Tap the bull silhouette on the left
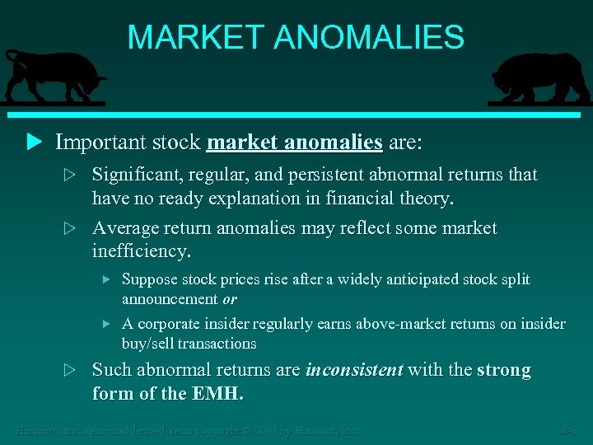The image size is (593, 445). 54,76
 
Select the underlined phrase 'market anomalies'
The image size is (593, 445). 294,143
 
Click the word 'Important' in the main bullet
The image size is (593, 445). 104,143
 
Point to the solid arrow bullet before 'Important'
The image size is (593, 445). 33,143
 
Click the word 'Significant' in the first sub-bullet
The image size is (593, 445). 133,175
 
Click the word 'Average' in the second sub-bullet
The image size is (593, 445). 122,227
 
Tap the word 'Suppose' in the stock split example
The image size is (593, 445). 147,279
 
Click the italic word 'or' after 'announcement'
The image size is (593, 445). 230,297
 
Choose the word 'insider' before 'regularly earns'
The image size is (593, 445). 226,324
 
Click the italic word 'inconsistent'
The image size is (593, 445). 354,370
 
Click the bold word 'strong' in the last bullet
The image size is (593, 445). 504,370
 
